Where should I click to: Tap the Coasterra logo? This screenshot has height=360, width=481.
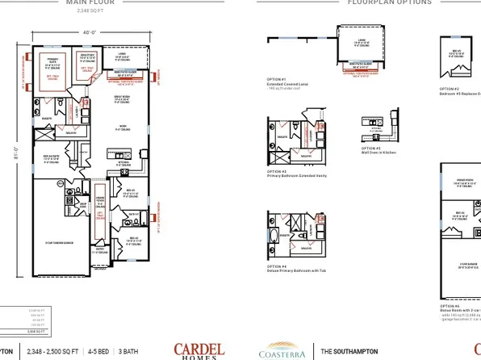282,351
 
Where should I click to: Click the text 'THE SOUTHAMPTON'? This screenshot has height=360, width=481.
348,351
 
